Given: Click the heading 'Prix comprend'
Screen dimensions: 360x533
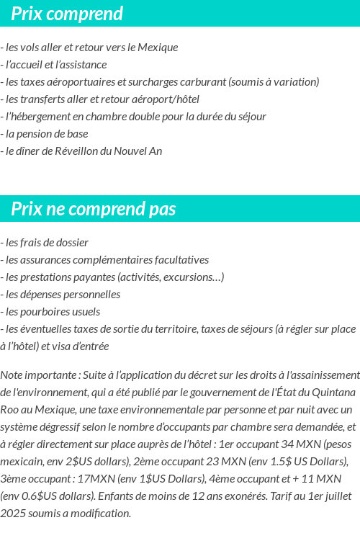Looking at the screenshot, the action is [x=67, y=14].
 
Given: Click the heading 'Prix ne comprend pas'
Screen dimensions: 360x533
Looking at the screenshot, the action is [x=94, y=209].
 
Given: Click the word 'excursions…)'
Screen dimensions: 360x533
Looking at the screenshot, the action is [x=194, y=277].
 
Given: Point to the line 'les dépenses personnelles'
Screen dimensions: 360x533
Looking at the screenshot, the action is [x=62, y=295].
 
